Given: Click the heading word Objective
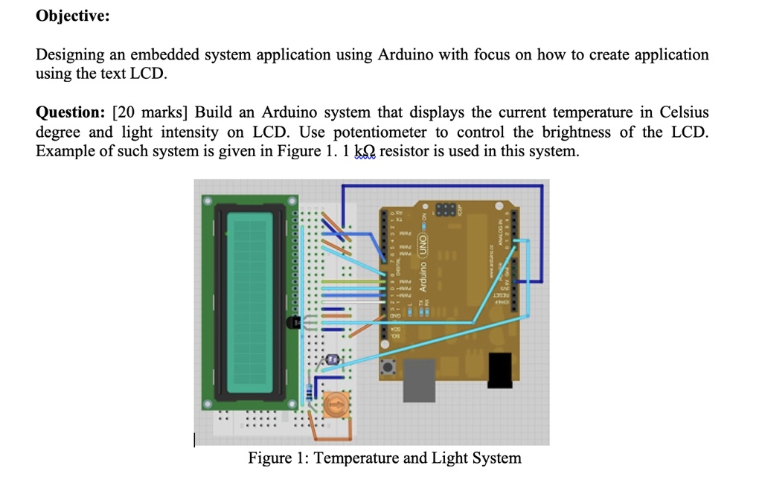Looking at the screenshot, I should click(x=72, y=16).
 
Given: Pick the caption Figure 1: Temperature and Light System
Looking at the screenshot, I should click(x=385, y=458).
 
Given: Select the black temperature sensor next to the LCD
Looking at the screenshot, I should click(x=292, y=322).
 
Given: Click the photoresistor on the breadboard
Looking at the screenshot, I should click(x=331, y=360).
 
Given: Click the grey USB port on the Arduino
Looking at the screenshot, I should click(x=419, y=379).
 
